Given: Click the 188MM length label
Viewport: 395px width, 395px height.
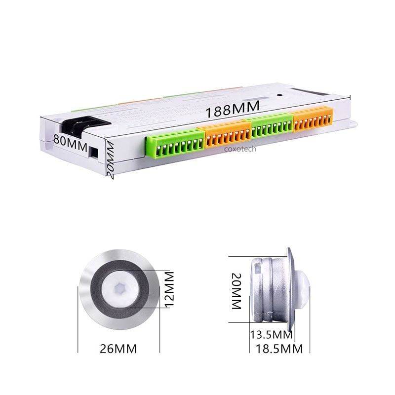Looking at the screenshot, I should click(x=233, y=111).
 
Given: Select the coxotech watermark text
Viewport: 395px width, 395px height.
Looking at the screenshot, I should click(x=240, y=148).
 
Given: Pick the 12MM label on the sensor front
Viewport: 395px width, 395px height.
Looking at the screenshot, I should click(x=169, y=289).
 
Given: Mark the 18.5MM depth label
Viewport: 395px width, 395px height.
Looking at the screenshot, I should click(x=279, y=349).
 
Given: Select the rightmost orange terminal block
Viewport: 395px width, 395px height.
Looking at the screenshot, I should click(x=313, y=120).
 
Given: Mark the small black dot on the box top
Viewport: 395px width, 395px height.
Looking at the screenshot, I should click(x=280, y=96).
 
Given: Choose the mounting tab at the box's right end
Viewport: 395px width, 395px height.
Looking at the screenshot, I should click(x=352, y=121).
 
